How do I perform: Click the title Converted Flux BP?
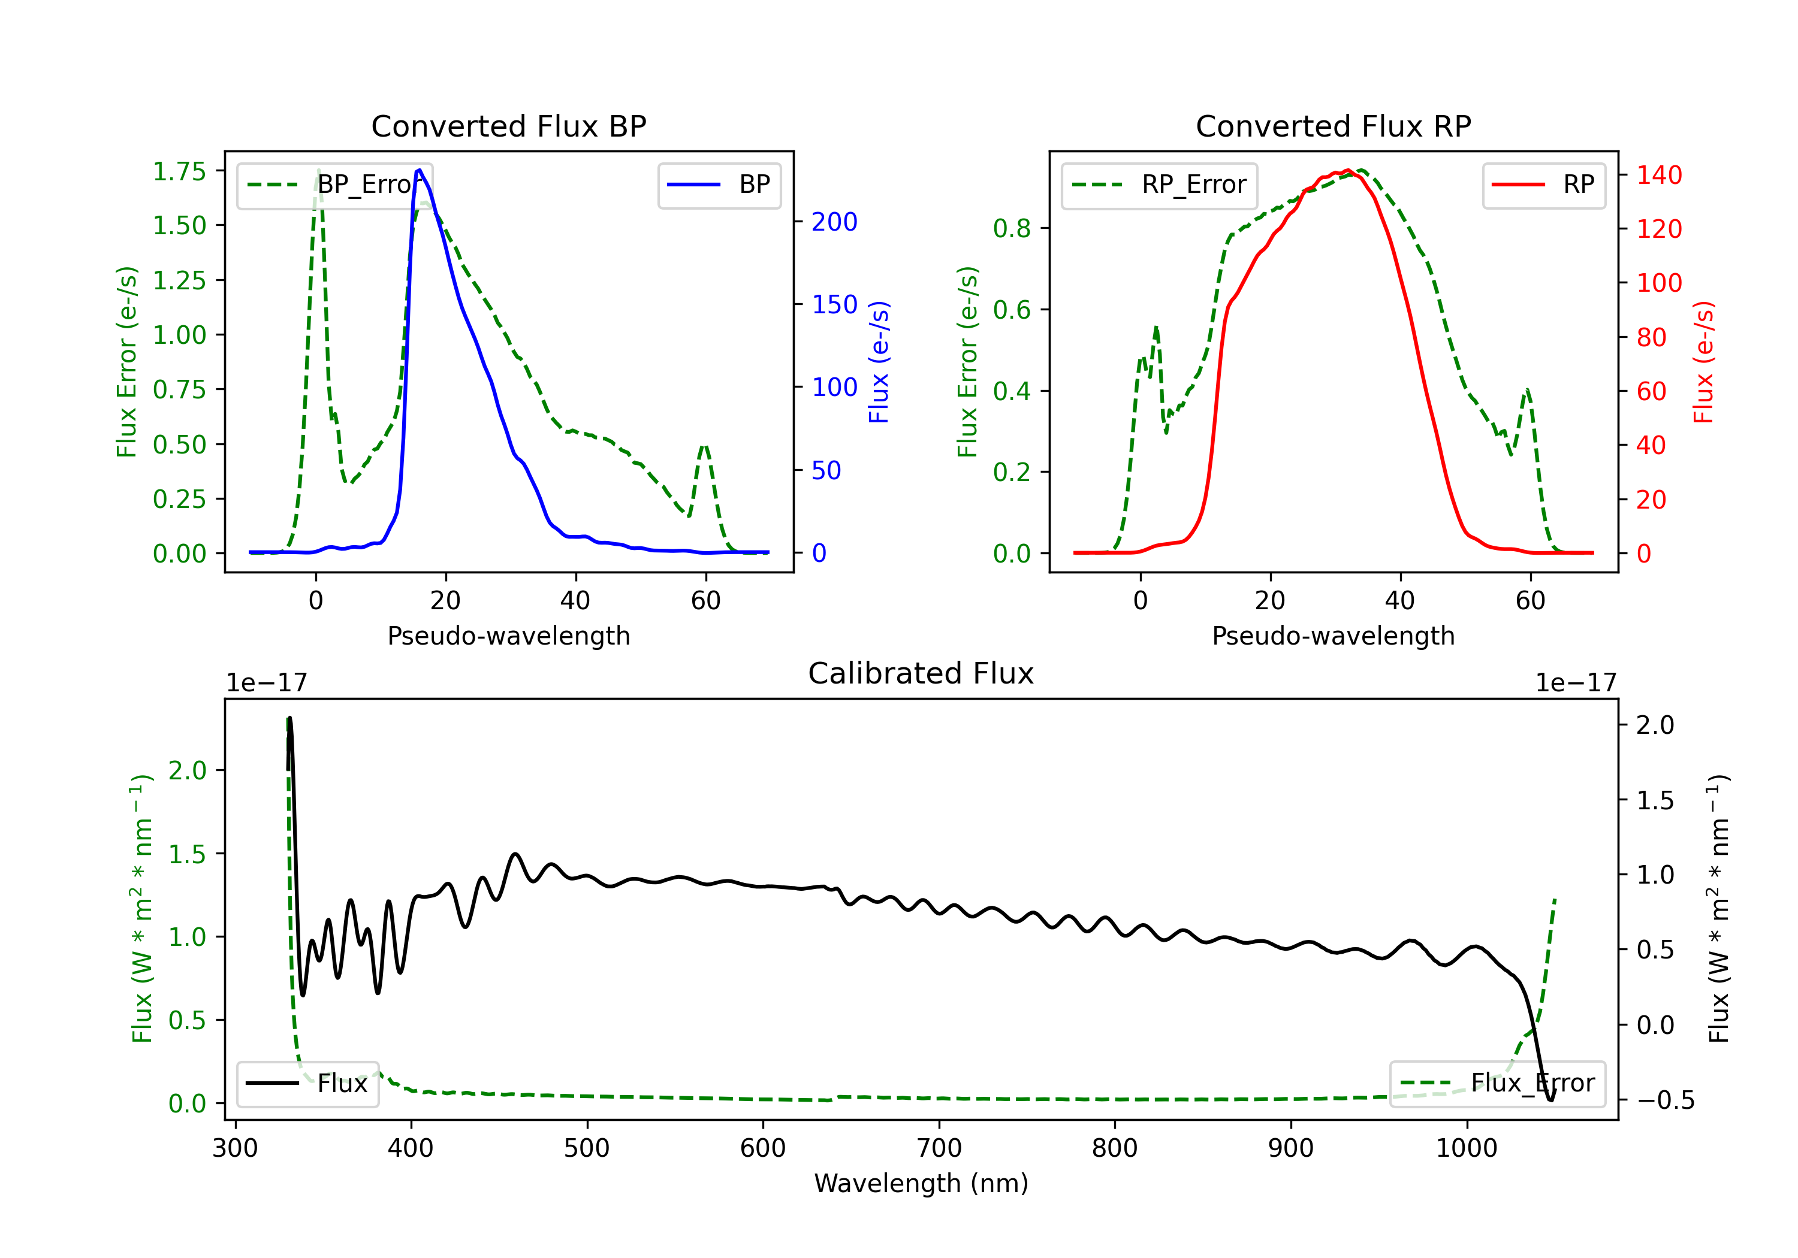[508, 126]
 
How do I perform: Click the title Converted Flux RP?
[1333, 126]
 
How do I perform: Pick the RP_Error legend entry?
[1160, 185]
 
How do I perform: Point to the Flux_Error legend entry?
[1497, 1084]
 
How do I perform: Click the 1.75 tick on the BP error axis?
[179, 171]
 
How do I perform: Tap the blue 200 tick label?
[834, 222]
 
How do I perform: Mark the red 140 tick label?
[1658, 176]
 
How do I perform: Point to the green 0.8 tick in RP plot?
[1012, 229]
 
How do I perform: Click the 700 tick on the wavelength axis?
[939, 1148]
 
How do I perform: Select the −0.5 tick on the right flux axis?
[1665, 1100]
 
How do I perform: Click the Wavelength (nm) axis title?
[921, 1183]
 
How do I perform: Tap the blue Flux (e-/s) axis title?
[879, 362]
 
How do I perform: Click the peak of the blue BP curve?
[420, 170]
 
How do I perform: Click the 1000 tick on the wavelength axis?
[1467, 1148]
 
